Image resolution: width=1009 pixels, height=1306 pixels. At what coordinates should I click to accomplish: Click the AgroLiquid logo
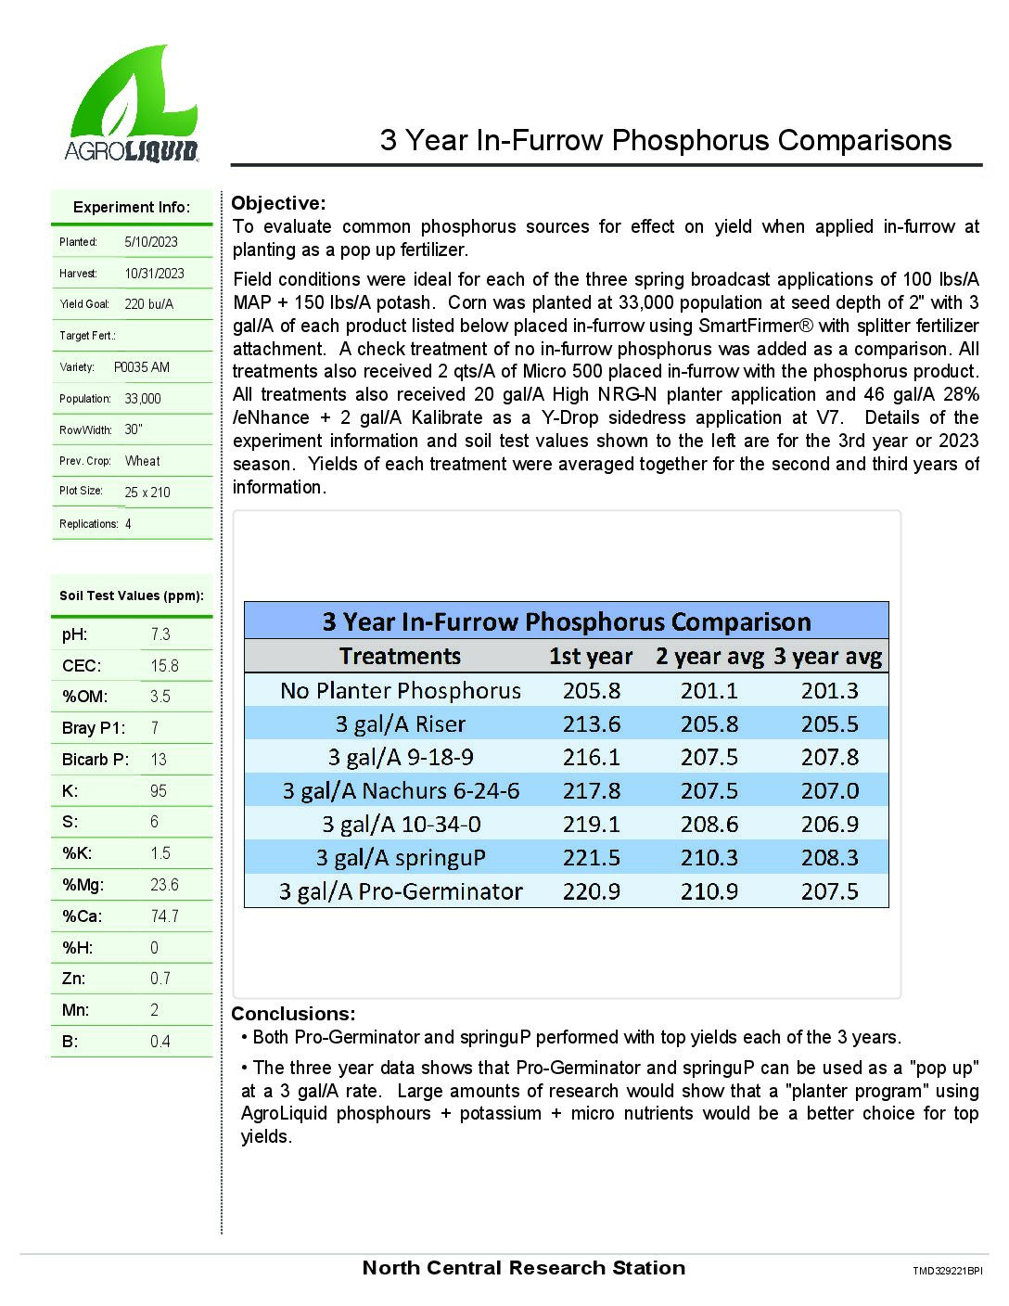pyautogui.click(x=132, y=105)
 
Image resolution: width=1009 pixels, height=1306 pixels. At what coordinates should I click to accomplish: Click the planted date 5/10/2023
pyautogui.click(x=151, y=242)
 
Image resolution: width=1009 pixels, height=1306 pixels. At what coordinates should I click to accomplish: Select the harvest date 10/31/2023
pyautogui.click(x=155, y=274)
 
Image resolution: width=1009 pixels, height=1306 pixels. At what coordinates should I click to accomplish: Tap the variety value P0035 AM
pyautogui.click(x=142, y=367)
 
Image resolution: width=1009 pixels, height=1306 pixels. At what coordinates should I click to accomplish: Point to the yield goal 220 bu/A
pyautogui.click(x=148, y=304)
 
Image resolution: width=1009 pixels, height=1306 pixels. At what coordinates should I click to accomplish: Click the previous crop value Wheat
pyautogui.click(x=142, y=461)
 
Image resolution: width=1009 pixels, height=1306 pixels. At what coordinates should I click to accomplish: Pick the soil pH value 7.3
pyautogui.click(x=160, y=634)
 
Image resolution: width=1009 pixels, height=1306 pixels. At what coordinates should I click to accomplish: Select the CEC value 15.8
pyautogui.click(x=164, y=666)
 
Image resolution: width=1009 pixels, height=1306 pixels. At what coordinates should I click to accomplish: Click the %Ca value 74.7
pyautogui.click(x=164, y=916)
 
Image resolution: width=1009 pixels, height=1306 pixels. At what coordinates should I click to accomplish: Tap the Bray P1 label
pyautogui.click(x=93, y=728)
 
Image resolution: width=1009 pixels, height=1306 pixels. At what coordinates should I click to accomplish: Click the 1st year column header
pyautogui.click(x=591, y=657)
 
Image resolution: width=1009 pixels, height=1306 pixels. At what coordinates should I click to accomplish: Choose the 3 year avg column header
pyautogui.click(x=828, y=657)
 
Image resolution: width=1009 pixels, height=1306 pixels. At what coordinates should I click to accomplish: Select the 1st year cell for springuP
pyautogui.click(x=592, y=858)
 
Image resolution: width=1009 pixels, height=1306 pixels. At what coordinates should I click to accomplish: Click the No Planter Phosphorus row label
pyautogui.click(x=401, y=691)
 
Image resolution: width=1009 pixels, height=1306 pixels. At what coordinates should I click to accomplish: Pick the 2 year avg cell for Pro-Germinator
pyautogui.click(x=709, y=891)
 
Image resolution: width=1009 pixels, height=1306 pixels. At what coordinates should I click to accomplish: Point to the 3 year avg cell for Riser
pyautogui.click(x=830, y=724)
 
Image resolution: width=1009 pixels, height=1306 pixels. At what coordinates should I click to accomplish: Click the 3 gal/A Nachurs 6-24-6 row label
pyautogui.click(x=401, y=791)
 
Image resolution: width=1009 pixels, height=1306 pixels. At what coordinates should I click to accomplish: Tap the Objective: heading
pyautogui.click(x=278, y=203)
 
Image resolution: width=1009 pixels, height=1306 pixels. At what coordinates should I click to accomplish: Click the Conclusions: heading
pyautogui.click(x=293, y=1014)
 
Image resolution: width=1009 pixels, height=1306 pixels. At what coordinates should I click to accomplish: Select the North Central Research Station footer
pyautogui.click(x=524, y=1268)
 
